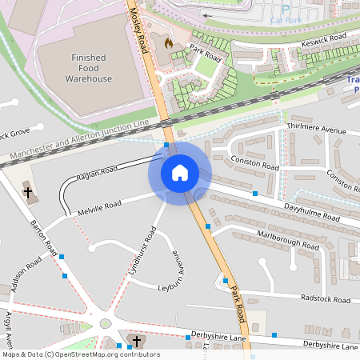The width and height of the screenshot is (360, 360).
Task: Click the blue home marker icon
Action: point(180,172)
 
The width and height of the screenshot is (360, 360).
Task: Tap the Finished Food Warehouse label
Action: point(89,69)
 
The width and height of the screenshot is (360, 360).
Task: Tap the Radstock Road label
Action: point(326,299)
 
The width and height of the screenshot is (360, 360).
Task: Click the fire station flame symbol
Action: point(168,42)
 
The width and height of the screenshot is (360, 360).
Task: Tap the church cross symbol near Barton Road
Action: point(28,192)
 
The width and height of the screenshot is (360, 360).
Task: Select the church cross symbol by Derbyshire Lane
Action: point(136,342)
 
